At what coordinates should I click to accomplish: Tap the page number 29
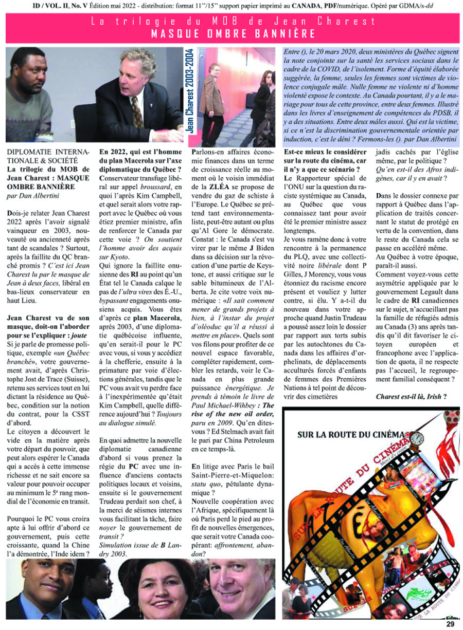coord(450,624)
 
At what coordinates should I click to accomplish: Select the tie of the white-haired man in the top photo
coord(136,110)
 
